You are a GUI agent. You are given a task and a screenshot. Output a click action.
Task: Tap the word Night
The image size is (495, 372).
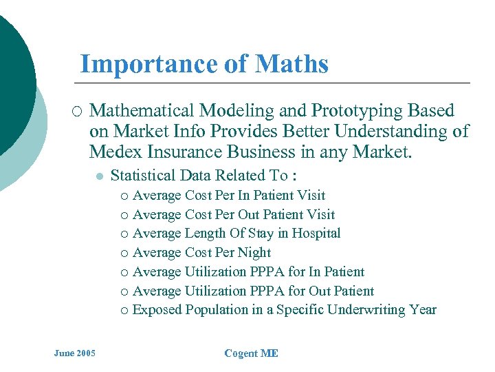pyautogui.click(x=254, y=253)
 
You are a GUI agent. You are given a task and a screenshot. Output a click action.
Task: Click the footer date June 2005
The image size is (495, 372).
pyautogui.click(x=75, y=353)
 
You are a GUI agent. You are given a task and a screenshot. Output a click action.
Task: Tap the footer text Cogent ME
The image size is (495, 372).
pyautogui.click(x=251, y=353)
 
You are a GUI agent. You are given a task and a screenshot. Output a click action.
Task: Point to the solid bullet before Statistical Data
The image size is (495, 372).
pyautogui.click(x=99, y=176)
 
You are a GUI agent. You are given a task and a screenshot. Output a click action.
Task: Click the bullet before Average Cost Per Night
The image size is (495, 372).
pyautogui.click(x=123, y=254)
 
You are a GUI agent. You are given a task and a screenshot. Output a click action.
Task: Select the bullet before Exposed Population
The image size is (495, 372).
pyautogui.click(x=123, y=311)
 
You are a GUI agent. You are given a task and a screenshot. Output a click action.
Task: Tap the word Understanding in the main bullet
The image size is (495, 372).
pyautogui.click(x=401, y=131)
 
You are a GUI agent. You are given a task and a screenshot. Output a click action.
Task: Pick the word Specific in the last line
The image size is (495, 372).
pyautogui.click(x=300, y=310)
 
